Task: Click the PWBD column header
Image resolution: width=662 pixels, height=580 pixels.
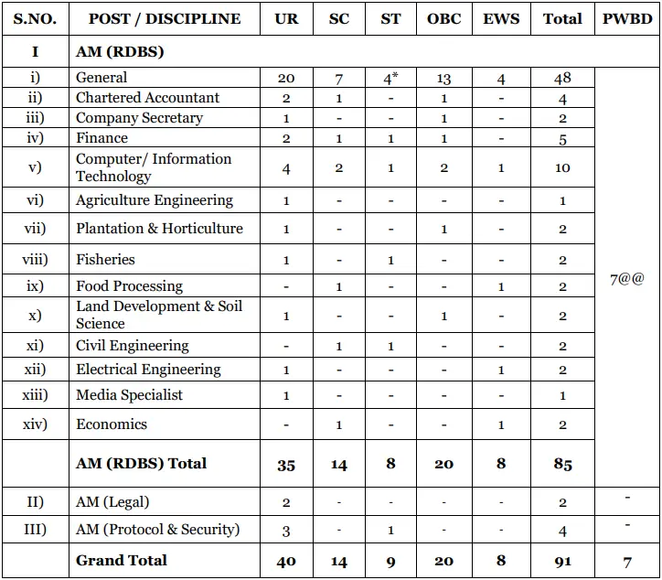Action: [x=627, y=18]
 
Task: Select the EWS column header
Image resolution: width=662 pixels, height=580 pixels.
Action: [x=501, y=18]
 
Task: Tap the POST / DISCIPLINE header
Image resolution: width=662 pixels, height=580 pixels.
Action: [x=165, y=18]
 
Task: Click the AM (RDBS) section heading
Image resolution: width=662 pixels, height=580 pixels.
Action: [x=120, y=52]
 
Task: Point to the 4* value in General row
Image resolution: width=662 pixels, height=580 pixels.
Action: [x=391, y=79]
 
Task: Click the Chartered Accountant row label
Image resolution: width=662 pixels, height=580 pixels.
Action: [x=147, y=98]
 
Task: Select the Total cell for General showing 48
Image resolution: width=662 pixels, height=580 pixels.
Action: [x=562, y=79]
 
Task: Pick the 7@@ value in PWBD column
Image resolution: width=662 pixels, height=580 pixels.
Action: [x=627, y=280]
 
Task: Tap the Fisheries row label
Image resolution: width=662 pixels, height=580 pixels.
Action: [x=105, y=260]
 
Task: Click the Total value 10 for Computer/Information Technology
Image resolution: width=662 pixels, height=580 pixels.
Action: [x=562, y=168]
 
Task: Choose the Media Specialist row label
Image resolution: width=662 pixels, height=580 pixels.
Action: [x=129, y=395]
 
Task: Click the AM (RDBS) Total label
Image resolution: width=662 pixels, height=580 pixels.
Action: [x=141, y=464]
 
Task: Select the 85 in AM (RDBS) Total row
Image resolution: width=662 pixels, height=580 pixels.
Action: [x=562, y=465]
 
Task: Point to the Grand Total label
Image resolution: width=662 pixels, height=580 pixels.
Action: [x=122, y=561]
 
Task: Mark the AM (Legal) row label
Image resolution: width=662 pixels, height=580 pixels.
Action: [x=112, y=502]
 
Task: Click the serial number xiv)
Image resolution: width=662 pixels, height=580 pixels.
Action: [x=35, y=424]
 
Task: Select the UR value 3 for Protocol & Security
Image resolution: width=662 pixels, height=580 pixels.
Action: [x=286, y=531]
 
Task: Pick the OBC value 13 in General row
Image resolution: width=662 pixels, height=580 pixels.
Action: [x=444, y=79]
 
